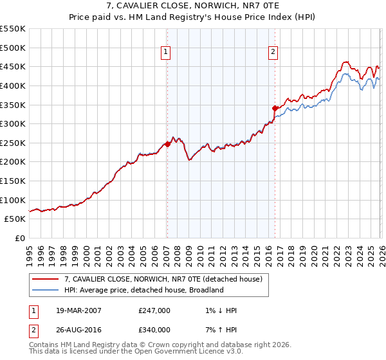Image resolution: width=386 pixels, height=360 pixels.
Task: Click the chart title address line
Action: tap(193, 6)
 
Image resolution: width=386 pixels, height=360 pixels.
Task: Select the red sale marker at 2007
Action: tap(167, 144)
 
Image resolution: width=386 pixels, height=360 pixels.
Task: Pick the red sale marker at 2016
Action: tap(275, 108)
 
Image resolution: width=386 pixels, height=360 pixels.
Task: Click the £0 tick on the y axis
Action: tap(19, 238)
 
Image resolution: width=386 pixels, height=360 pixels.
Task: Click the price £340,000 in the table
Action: tap(154, 330)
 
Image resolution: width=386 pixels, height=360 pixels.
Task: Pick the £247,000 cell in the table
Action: tap(154, 310)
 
